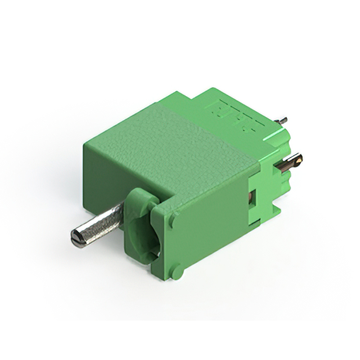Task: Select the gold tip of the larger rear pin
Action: [x=300, y=161]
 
